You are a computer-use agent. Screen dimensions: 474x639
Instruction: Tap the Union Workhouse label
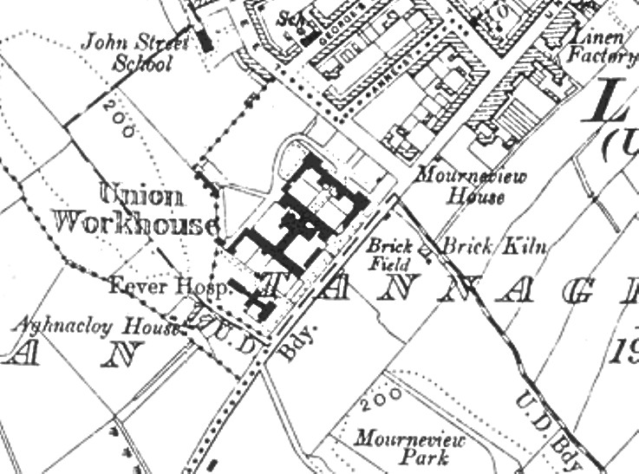click(134, 210)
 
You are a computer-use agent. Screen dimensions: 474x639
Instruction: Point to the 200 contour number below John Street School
click(118, 119)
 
